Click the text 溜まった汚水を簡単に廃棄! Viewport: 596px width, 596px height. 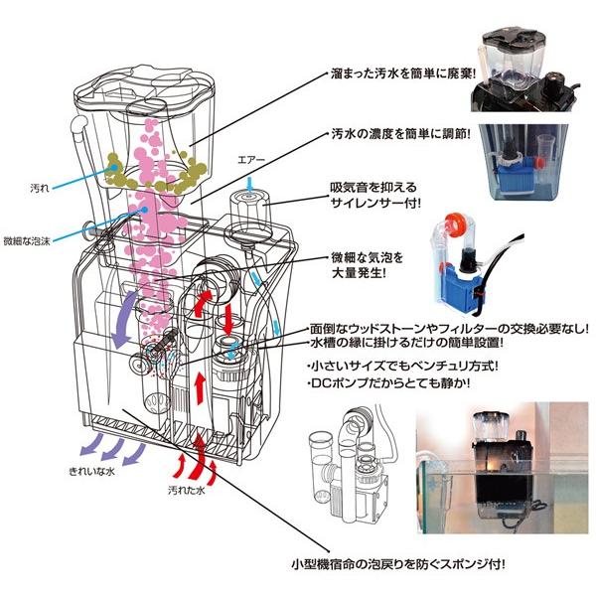(x=404, y=75)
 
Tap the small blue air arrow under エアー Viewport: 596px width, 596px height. (x=249, y=180)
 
